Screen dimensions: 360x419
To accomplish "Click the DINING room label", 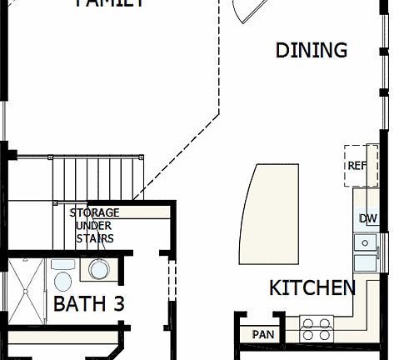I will (x=311, y=50).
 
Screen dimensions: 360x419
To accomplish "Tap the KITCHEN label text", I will (x=312, y=288).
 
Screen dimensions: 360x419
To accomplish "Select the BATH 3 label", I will (x=88, y=303).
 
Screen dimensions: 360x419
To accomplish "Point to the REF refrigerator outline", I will (x=361, y=165).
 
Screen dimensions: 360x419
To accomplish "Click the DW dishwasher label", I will (x=367, y=219).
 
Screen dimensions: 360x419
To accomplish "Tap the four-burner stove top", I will (x=316, y=328).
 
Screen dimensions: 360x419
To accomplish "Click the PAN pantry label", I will (x=263, y=334).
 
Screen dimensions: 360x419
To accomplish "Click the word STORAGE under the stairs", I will (x=93, y=213).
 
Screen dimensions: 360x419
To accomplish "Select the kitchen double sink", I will (x=366, y=252).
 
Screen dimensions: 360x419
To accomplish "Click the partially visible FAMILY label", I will (x=111, y=3).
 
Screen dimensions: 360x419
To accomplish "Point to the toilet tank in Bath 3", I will (x=62, y=264).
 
